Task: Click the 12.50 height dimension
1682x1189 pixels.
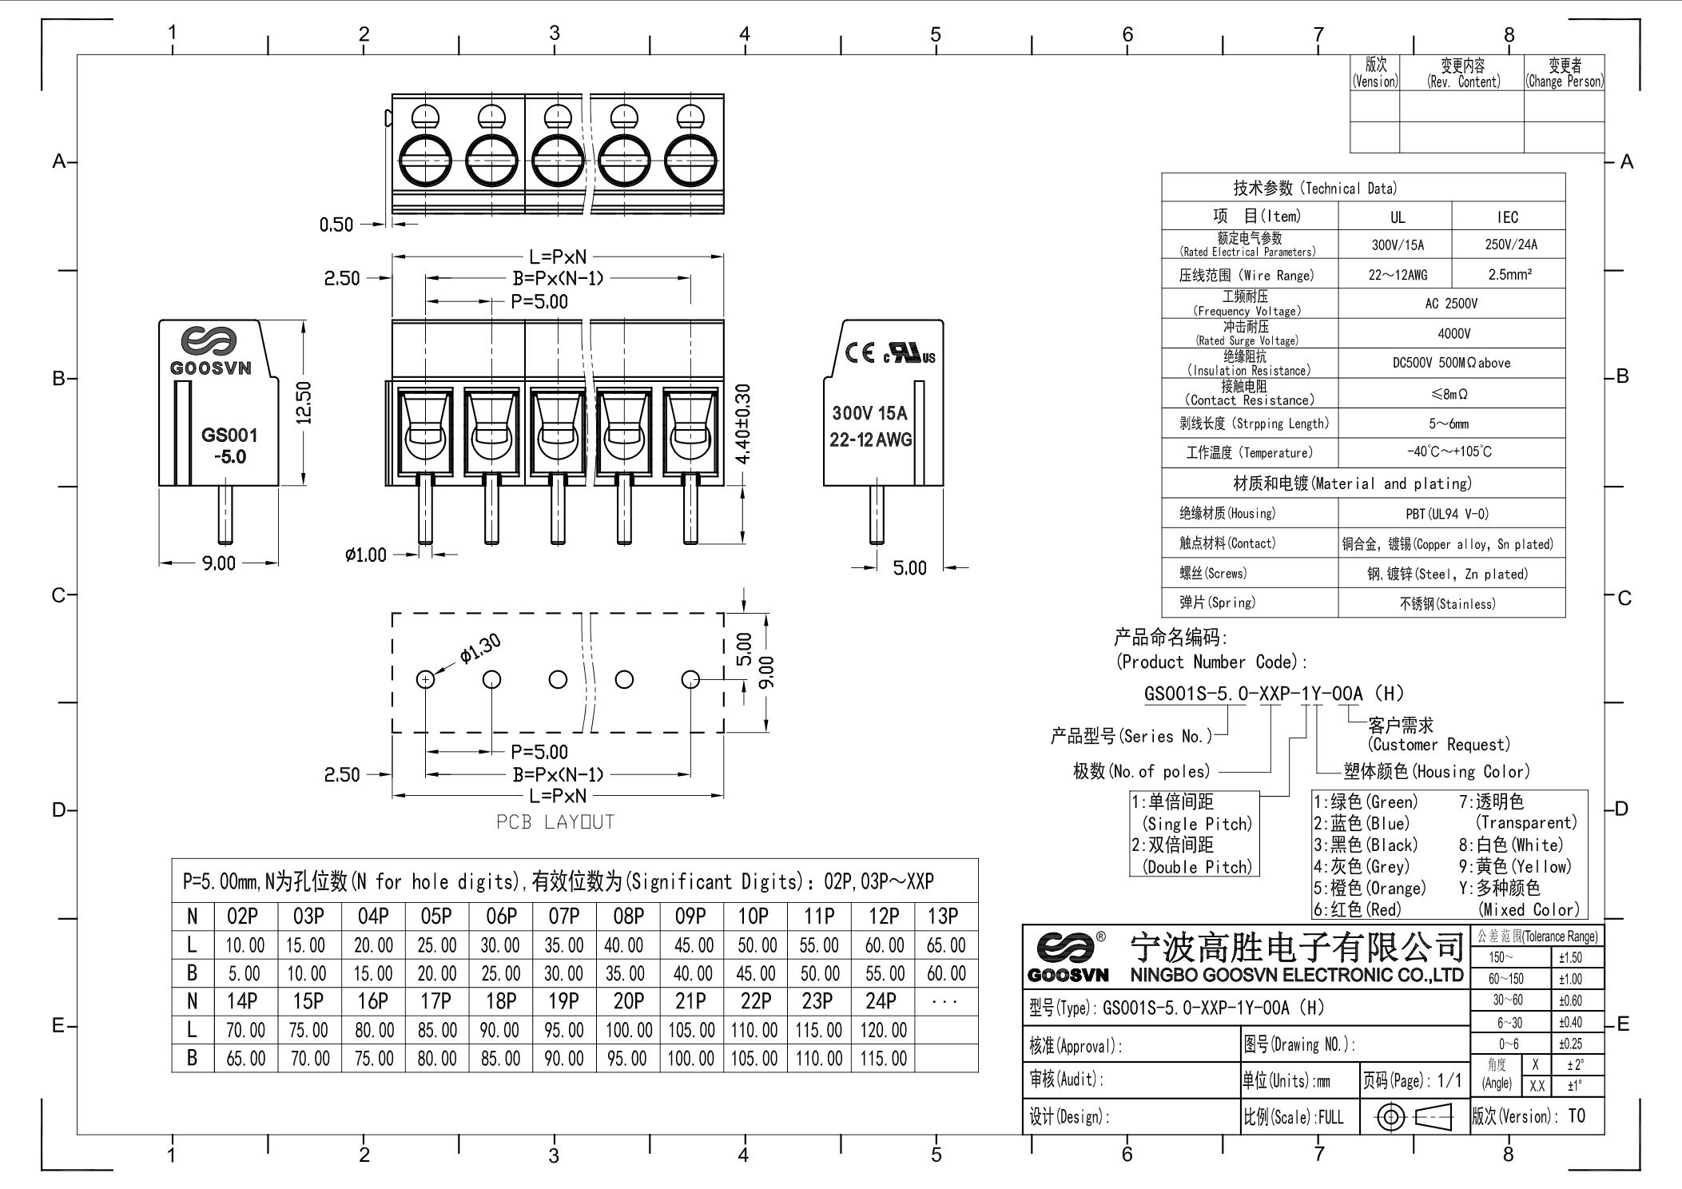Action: point(304,403)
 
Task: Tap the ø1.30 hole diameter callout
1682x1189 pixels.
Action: point(480,649)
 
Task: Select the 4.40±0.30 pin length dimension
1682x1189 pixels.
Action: point(743,424)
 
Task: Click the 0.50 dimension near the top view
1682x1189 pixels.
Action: point(336,225)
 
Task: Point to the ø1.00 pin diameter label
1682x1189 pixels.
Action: point(366,555)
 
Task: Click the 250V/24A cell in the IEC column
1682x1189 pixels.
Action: point(1510,245)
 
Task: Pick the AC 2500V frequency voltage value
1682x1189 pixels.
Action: point(1451,304)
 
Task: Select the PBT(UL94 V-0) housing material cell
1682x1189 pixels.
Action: point(1447,514)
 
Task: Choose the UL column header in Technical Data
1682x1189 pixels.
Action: point(1397,217)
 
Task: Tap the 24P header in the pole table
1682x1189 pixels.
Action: point(881,1001)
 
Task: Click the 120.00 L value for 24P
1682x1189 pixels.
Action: point(883,1030)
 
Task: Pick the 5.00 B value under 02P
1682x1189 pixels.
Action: point(244,973)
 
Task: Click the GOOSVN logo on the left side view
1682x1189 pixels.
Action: point(209,351)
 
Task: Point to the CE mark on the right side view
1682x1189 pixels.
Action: point(860,352)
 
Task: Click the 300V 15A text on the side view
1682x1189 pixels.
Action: point(869,413)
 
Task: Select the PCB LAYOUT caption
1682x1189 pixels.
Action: point(555,822)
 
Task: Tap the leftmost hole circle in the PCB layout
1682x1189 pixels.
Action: point(426,679)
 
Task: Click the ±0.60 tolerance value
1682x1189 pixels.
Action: point(1570,1000)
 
